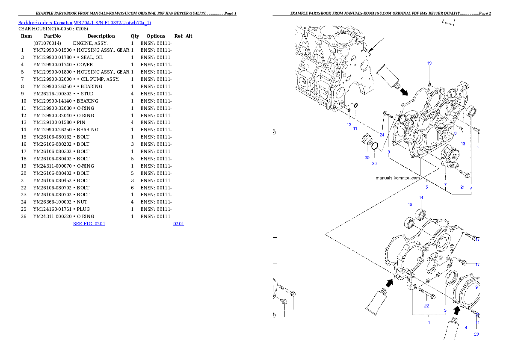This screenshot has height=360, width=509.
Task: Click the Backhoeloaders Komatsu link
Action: click(45, 23)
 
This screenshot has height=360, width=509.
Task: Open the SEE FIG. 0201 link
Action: click(89, 224)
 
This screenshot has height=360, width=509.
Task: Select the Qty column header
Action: click(135, 36)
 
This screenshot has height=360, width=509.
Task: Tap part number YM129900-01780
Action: click(52, 57)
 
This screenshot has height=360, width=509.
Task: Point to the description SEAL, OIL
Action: click(92, 57)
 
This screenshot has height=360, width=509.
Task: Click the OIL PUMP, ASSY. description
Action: click(100, 79)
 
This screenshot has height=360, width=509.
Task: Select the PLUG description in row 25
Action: click(83, 210)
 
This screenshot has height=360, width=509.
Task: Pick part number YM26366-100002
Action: click(52, 202)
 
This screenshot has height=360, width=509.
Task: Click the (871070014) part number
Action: click(47, 43)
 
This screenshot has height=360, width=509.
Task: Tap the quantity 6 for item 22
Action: click(133, 188)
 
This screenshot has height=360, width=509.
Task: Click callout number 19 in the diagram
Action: click(429, 63)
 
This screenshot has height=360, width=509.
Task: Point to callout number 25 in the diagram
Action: click(367, 157)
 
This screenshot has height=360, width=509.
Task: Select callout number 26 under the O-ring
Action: click(374, 163)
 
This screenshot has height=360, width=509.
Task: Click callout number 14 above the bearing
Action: click(421, 198)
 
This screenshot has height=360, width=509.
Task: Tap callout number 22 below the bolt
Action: click(426, 306)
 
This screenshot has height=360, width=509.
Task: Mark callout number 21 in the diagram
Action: click(462, 187)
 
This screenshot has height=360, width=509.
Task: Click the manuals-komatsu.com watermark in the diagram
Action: click(398, 178)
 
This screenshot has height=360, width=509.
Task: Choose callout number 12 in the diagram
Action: click(349, 124)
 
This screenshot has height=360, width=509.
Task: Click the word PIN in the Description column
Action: click(81, 122)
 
